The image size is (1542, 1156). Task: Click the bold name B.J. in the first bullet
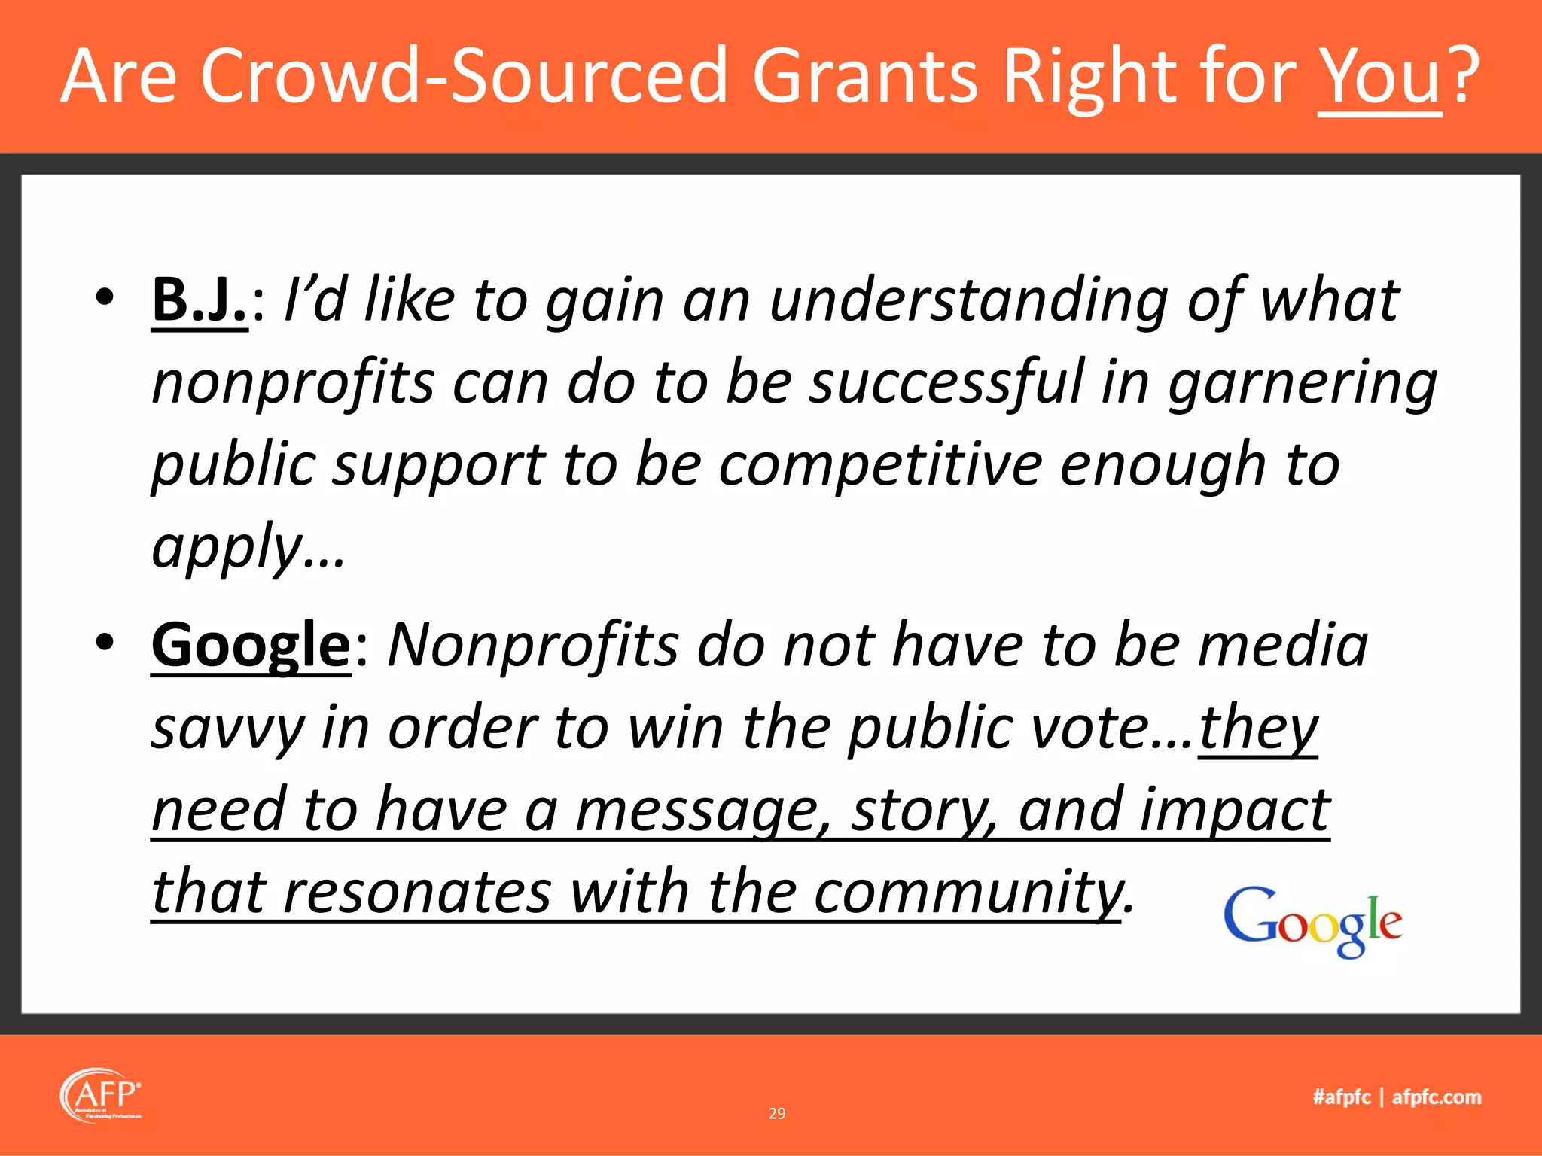(x=200, y=300)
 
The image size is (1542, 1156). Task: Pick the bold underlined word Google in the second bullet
(x=251, y=645)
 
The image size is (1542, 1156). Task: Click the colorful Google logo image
(x=1313, y=921)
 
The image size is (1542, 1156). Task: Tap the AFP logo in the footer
(x=101, y=1095)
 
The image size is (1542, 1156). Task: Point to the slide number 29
(x=777, y=1113)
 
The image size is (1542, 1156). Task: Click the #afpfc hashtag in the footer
(x=1342, y=1097)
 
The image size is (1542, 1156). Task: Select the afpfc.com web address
(x=1437, y=1097)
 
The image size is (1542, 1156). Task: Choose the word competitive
(x=879, y=465)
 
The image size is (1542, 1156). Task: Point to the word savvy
(x=227, y=729)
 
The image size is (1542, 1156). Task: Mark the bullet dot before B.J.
(x=105, y=297)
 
